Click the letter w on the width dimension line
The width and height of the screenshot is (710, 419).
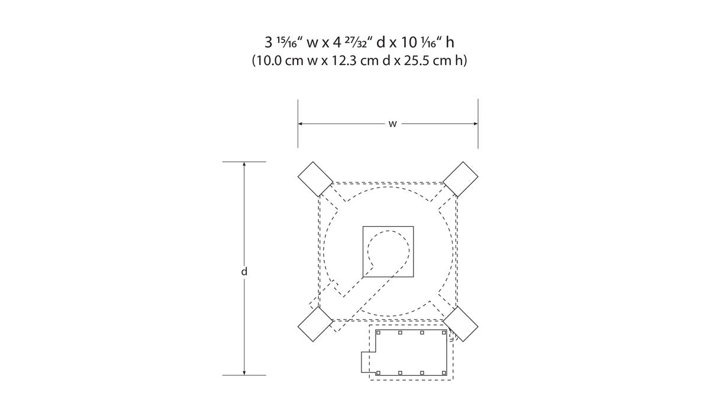(392, 124)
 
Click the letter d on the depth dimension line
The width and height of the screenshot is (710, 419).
(244, 271)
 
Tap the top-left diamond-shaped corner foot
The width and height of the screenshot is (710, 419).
(315, 179)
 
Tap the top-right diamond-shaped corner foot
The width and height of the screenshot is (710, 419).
(460, 179)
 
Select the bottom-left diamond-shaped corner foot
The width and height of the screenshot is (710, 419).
(315, 324)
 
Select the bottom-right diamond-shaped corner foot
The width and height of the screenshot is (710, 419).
(460, 324)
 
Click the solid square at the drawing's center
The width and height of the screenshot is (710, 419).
(388, 252)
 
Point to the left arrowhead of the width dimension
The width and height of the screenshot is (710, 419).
(300, 124)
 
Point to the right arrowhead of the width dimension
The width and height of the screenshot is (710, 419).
(476, 124)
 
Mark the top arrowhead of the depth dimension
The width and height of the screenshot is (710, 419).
(244, 164)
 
